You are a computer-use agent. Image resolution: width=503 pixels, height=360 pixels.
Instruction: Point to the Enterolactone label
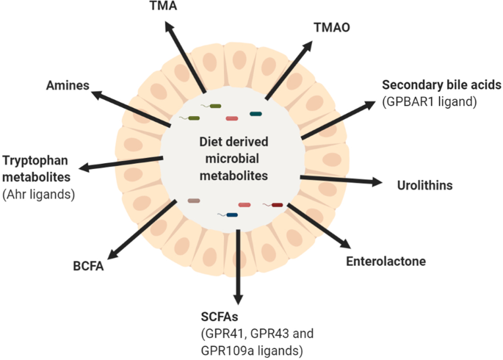(385, 261)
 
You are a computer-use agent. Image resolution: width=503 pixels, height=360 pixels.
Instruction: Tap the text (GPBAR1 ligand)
(430, 102)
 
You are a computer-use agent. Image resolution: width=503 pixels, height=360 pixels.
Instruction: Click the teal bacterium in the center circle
(256, 113)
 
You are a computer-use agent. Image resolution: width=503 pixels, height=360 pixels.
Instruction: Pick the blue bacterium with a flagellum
(232, 215)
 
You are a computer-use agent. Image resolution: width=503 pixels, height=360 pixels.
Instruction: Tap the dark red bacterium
(276, 205)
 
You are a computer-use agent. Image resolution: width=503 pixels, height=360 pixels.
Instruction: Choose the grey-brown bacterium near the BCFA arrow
(193, 201)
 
